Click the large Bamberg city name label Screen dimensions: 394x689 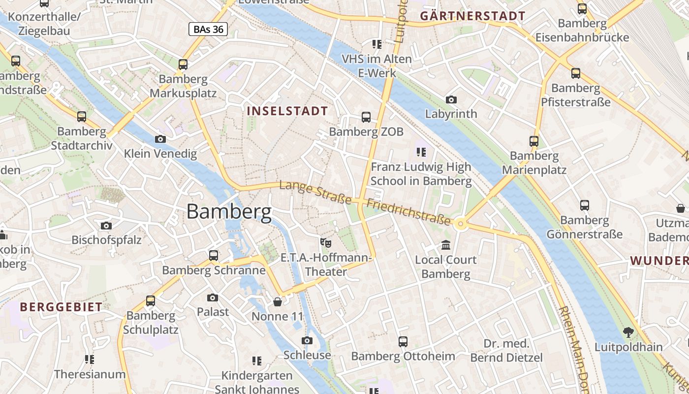(229, 212)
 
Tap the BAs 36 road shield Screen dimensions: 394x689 (208, 30)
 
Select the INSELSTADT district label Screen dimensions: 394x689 (287, 111)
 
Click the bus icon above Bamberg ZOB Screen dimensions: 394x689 (366, 117)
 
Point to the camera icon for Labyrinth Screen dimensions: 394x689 (451, 100)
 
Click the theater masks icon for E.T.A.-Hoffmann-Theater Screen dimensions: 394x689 (325, 242)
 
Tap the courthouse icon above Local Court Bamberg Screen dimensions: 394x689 (446, 245)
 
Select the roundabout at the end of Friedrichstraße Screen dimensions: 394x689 (461, 225)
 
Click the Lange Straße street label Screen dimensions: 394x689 (315, 193)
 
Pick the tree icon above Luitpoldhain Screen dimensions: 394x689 (628, 332)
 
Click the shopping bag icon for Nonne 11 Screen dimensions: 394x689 (278, 301)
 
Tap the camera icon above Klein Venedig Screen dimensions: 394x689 (160, 139)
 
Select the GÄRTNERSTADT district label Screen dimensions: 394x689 (472, 16)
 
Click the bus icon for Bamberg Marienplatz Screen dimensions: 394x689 (534, 141)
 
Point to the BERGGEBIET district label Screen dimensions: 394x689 (61, 307)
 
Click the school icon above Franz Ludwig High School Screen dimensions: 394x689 (421, 152)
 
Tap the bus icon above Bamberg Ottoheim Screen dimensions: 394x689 (403, 341)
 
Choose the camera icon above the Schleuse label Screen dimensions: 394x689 (307, 341)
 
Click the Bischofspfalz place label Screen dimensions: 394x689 (106, 240)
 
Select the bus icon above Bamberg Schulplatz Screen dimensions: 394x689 (151, 300)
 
